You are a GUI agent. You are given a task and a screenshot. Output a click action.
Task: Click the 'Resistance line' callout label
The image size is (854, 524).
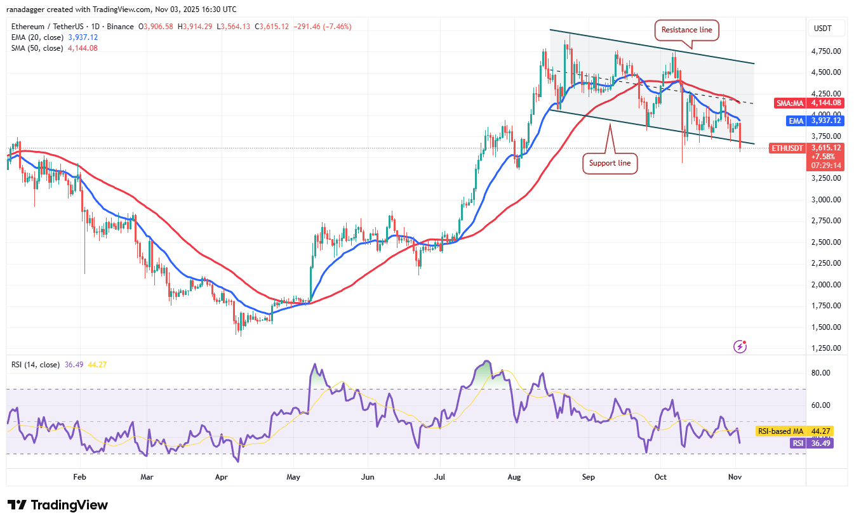click(x=686, y=30)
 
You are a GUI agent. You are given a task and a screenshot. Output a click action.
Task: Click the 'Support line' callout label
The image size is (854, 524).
click(x=610, y=163)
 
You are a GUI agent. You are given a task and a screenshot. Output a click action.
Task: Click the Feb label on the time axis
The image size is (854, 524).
click(x=79, y=476)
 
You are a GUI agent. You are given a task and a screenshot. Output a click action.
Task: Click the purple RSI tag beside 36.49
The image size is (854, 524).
click(x=796, y=443)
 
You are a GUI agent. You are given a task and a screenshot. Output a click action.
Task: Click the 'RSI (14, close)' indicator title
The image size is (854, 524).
click(x=36, y=365)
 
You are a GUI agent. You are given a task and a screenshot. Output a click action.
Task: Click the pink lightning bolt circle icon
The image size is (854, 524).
click(x=740, y=346)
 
